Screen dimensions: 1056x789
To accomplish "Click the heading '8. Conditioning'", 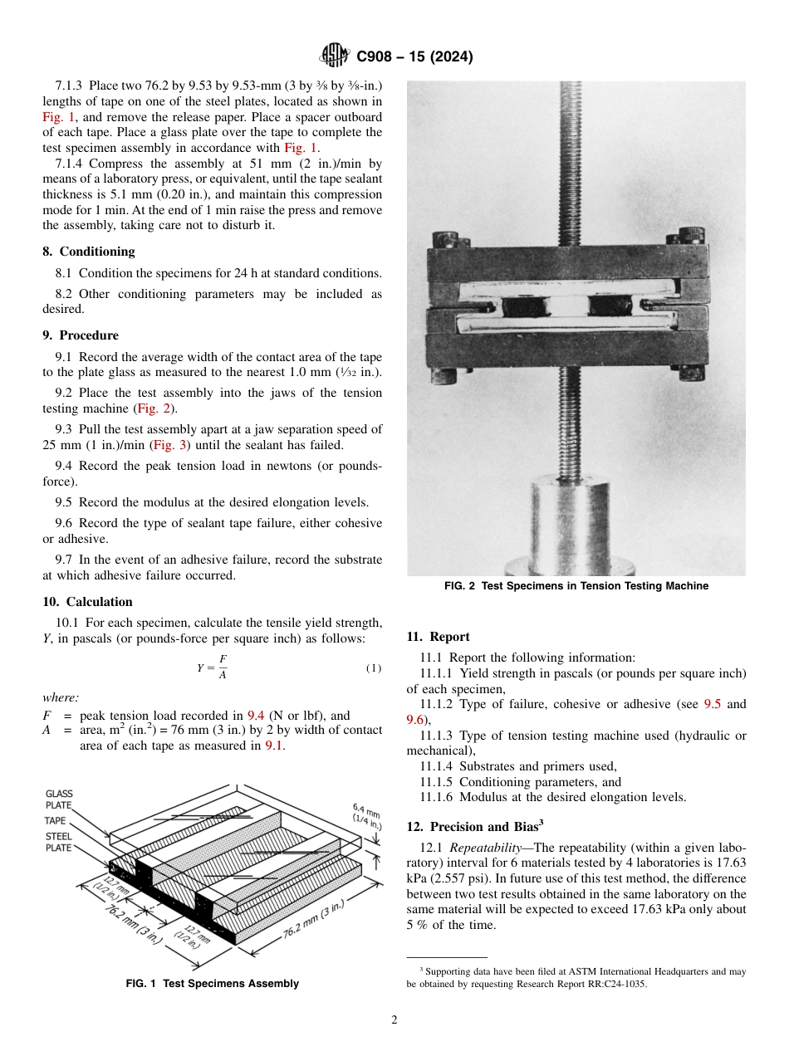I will [x=89, y=252].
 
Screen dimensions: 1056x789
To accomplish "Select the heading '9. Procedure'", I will [x=81, y=335].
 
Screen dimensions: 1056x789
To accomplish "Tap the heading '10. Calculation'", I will [x=87, y=602].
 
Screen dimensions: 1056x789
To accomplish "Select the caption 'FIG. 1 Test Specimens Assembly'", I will [x=212, y=984].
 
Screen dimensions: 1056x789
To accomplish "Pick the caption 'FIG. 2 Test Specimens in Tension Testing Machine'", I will [x=576, y=586].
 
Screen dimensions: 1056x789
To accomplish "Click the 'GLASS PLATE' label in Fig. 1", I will [x=59, y=799].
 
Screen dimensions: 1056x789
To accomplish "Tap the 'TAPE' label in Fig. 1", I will [x=56, y=820].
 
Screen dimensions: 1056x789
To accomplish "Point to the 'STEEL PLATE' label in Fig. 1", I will [x=58, y=842].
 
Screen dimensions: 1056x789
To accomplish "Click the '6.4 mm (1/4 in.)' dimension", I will [x=366, y=816].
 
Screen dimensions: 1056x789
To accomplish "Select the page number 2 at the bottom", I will [x=394, y=1020].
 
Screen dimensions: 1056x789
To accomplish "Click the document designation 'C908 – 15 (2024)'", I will [x=414, y=57].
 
